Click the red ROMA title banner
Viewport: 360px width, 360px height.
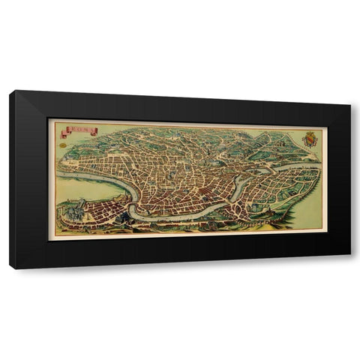click(x=79, y=130)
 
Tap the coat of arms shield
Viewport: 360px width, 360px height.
click(x=308, y=139)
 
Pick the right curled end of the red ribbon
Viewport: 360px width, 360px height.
click(x=95, y=132)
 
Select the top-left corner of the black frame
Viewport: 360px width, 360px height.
click(x=11, y=91)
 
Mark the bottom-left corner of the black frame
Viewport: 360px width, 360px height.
click(x=11, y=268)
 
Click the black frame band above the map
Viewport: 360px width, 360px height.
click(x=180, y=106)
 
